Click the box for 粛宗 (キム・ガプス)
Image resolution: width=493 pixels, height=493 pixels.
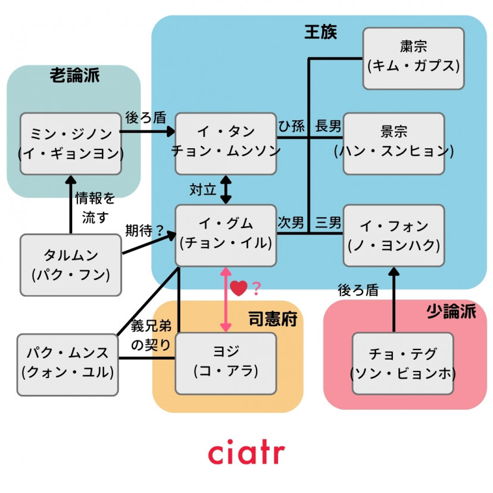point(413,58)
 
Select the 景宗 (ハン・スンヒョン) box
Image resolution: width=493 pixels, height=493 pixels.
point(394,143)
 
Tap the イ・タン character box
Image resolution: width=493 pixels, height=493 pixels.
point(226,143)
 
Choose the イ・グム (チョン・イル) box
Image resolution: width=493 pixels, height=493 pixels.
point(226,235)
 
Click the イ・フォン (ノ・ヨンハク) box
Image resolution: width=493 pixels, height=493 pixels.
point(394,235)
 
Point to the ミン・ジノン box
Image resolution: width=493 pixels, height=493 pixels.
point(70,143)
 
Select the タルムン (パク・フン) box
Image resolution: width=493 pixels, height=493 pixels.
point(70,264)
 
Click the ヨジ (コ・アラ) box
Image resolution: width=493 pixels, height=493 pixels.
point(226,363)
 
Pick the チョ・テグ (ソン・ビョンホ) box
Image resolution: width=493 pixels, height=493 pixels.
point(402,363)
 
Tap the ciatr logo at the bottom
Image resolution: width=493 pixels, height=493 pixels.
point(246,452)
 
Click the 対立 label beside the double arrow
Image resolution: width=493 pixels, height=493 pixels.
point(201,189)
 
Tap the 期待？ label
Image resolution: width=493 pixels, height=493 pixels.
point(144,230)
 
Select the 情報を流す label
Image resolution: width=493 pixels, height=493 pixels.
point(95,207)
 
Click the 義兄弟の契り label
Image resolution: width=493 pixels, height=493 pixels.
point(151,335)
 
